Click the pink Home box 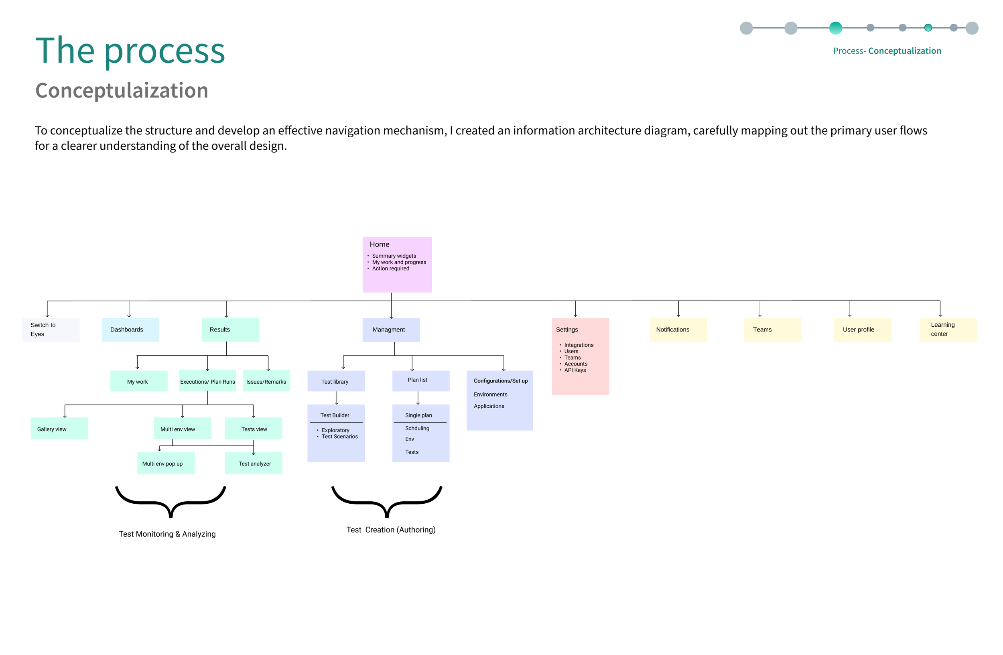pyautogui.click(x=397, y=264)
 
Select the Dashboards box pyautogui.click(x=130, y=330)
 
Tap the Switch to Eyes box pyautogui.click(x=51, y=330)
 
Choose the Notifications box pyautogui.click(x=678, y=330)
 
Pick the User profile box pyautogui.click(x=862, y=330)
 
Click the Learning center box pyautogui.click(x=948, y=330)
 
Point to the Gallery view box pyautogui.click(x=59, y=428)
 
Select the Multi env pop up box pyautogui.click(x=166, y=463)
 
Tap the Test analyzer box pyautogui.click(x=253, y=463)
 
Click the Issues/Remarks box pyautogui.click(x=266, y=381)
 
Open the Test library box pyautogui.click(x=336, y=381)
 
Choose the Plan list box pyautogui.click(x=420, y=381)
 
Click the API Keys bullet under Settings pyautogui.click(x=575, y=370)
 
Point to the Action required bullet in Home pyautogui.click(x=390, y=269)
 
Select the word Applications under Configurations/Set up pyautogui.click(x=489, y=406)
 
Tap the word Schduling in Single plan pyautogui.click(x=417, y=428)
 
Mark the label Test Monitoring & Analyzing pyautogui.click(x=167, y=534)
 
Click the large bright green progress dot pyautogui.click(x=835, y=28)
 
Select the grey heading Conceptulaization pyautogui.click(x=122, y=90)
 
